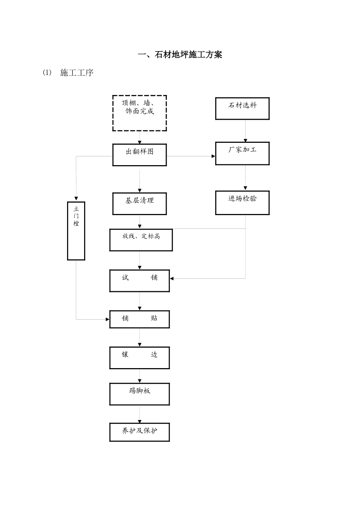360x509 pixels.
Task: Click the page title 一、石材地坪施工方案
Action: tap(180, 55)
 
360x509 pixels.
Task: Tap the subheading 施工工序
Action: tap(77, 73)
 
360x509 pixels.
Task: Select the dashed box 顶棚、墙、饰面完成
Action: tap(139, 113)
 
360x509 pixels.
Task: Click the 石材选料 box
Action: tap(242, 109)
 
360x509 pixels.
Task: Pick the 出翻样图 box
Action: tap(139, 155)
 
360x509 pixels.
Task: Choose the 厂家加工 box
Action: tap(242, 153)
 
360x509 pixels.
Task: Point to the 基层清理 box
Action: tap(139, 204)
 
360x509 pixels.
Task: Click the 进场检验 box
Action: tap(242, 203)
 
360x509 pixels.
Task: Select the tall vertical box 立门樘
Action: tap(76, 231)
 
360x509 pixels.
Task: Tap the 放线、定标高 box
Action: tap(141, 240)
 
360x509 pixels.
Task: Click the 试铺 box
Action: tap(139, 281)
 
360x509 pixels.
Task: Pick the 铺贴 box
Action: tap(139, 319)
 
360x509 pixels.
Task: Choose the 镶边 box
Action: tap(139, 358)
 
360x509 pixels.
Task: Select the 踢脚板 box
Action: tap(139, 394)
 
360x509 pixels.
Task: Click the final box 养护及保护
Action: tap(139, 432)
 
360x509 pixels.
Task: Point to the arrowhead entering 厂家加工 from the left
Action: tap(213, 156)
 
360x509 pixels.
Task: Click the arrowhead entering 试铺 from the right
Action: tap(172, 279)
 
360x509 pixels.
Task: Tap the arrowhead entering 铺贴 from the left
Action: tap(108, 319)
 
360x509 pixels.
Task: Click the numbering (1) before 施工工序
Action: tap(47, 72)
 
